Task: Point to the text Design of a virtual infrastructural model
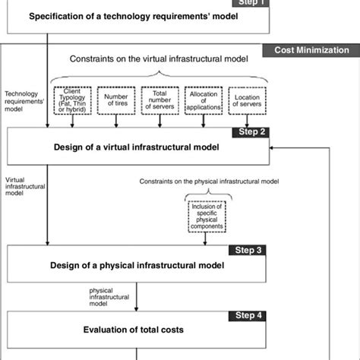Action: tap(138, 147)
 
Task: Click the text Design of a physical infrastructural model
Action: tap(137, 265)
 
